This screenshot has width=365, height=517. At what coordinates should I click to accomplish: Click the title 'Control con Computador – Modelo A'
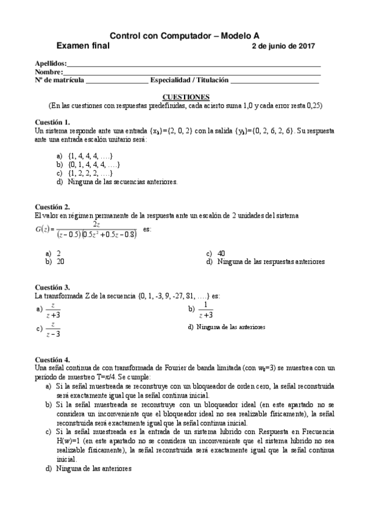click(183, 36)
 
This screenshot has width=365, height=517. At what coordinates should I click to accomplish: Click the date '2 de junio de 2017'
click(283, 46)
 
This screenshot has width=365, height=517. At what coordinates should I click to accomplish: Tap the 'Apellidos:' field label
click(50, 63)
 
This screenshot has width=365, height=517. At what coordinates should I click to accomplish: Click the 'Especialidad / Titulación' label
click(189, 80)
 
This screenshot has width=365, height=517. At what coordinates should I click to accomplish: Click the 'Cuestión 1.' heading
click(53, 122)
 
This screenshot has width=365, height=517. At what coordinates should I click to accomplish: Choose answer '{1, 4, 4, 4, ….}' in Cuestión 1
click(89, 157)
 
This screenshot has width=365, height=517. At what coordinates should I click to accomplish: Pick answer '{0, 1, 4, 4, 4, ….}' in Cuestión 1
click(93, 165)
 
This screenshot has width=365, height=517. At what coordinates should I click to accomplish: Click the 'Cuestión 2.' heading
click(53, 207)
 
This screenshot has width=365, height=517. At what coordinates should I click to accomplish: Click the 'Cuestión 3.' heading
click(53, 287)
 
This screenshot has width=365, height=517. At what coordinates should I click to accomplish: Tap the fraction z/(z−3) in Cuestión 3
click(54, 329)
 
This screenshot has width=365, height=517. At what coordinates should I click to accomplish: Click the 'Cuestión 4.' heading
click(53, 359)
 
